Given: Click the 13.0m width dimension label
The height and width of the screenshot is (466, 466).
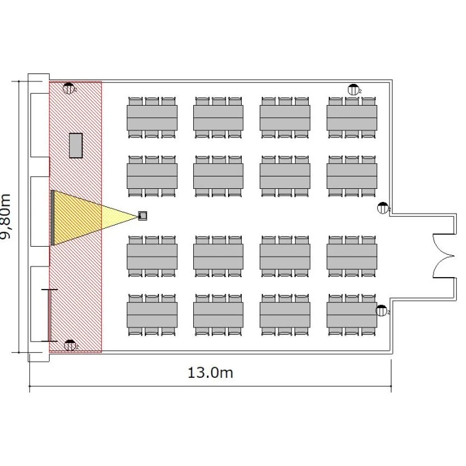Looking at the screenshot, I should pos(210,373).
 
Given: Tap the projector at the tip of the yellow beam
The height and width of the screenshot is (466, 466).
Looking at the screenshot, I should pos(143,216).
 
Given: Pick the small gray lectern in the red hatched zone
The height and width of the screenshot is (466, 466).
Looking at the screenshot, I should pos(76,145).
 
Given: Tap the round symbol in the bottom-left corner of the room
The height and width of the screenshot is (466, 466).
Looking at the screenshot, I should pos(70,345).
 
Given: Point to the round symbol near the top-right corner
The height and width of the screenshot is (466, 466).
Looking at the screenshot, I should pos(354,89).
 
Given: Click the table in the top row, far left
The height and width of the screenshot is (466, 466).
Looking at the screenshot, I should pos(152,117).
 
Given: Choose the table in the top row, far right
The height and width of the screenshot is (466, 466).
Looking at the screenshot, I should pos(352,117).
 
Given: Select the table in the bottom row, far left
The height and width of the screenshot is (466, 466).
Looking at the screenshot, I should pos(152,315).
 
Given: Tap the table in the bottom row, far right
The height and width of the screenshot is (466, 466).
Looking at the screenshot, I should pos(352,315).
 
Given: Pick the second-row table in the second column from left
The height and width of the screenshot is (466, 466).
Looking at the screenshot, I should pos(218,176).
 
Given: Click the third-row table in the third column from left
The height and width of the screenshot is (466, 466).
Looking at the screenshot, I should pos(285,257).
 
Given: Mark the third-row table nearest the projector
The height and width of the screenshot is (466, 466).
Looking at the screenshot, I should pos(152,257).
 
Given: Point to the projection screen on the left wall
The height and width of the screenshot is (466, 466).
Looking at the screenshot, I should pos(53,217).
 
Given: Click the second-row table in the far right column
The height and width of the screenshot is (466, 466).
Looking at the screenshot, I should pos(352,176).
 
